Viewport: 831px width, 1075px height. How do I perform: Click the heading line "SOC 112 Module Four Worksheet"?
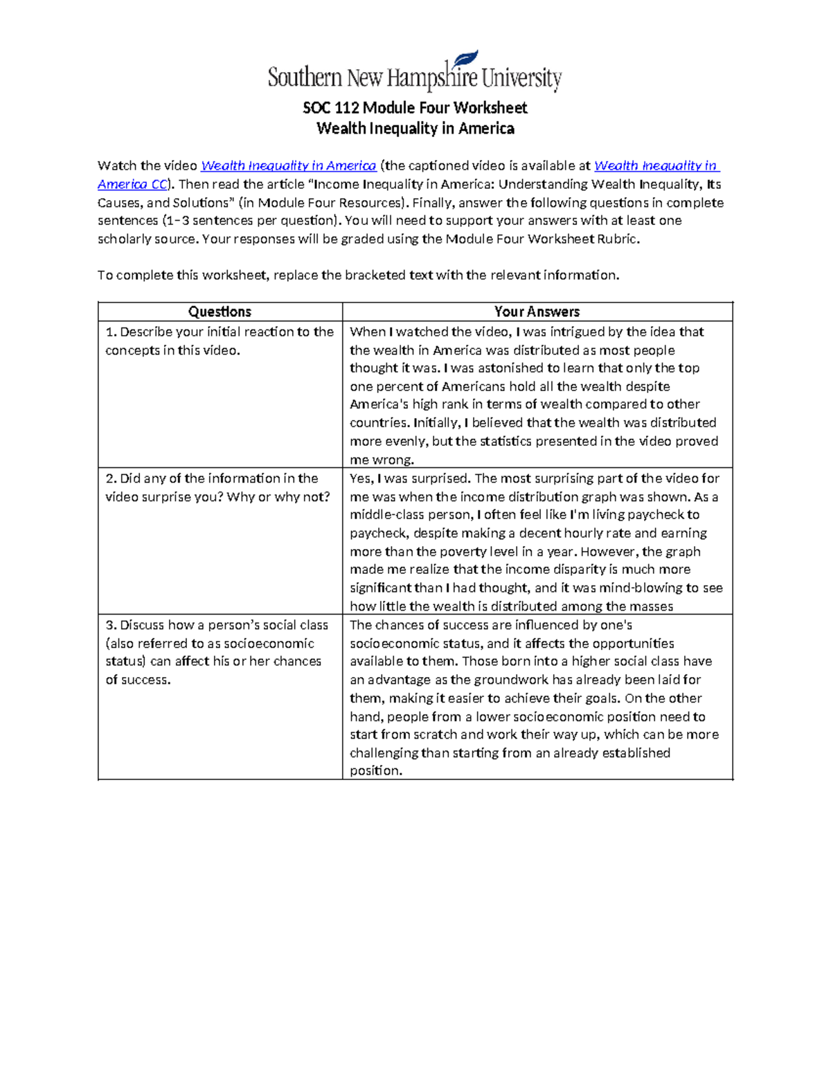415,108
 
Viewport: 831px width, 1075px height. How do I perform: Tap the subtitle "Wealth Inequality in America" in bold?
415,129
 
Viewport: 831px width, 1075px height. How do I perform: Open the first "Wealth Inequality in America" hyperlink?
288,165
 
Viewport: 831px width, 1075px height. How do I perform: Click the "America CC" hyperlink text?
132,184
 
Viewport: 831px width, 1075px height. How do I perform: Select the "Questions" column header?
220,311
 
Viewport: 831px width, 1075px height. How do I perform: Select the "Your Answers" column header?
537,311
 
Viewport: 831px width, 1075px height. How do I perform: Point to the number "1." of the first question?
111,332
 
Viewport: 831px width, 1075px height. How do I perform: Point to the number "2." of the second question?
111,478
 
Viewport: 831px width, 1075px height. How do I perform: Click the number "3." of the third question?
111,625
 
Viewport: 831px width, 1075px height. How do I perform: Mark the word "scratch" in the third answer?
435,734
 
